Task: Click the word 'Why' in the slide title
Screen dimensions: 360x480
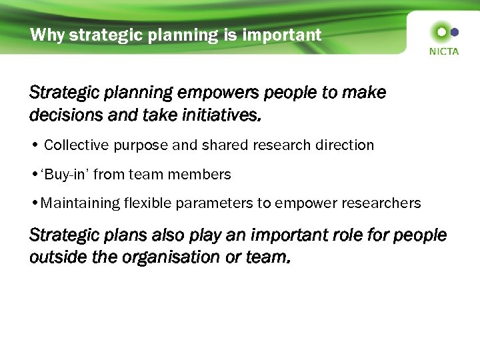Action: pos(47,35)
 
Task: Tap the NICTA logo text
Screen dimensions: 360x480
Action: pos(443,51)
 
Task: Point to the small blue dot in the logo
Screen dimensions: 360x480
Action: pos(455,31)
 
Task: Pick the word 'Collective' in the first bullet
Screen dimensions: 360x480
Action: pos(75,145)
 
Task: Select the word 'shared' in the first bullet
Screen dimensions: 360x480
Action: pos(219,145)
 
